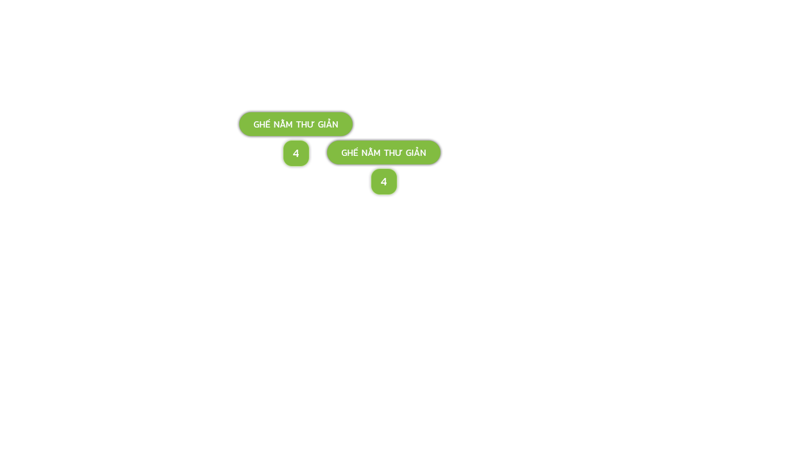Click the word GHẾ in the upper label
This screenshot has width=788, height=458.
(261, 125)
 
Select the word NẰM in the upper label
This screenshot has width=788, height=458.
(282, 125)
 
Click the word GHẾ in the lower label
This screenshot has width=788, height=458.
(349, 153)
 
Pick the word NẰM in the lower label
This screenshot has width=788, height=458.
(370, 153)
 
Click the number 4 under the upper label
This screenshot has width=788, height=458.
(296, 154)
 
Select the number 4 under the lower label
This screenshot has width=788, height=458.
(384, 182)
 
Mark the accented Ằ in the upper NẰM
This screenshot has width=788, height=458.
(282, 124)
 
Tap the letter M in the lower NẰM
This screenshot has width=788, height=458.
(375, 153)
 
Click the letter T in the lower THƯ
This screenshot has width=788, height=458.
(387, 153)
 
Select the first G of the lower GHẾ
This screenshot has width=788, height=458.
(344, 153)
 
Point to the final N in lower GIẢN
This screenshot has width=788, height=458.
(423, 153)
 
